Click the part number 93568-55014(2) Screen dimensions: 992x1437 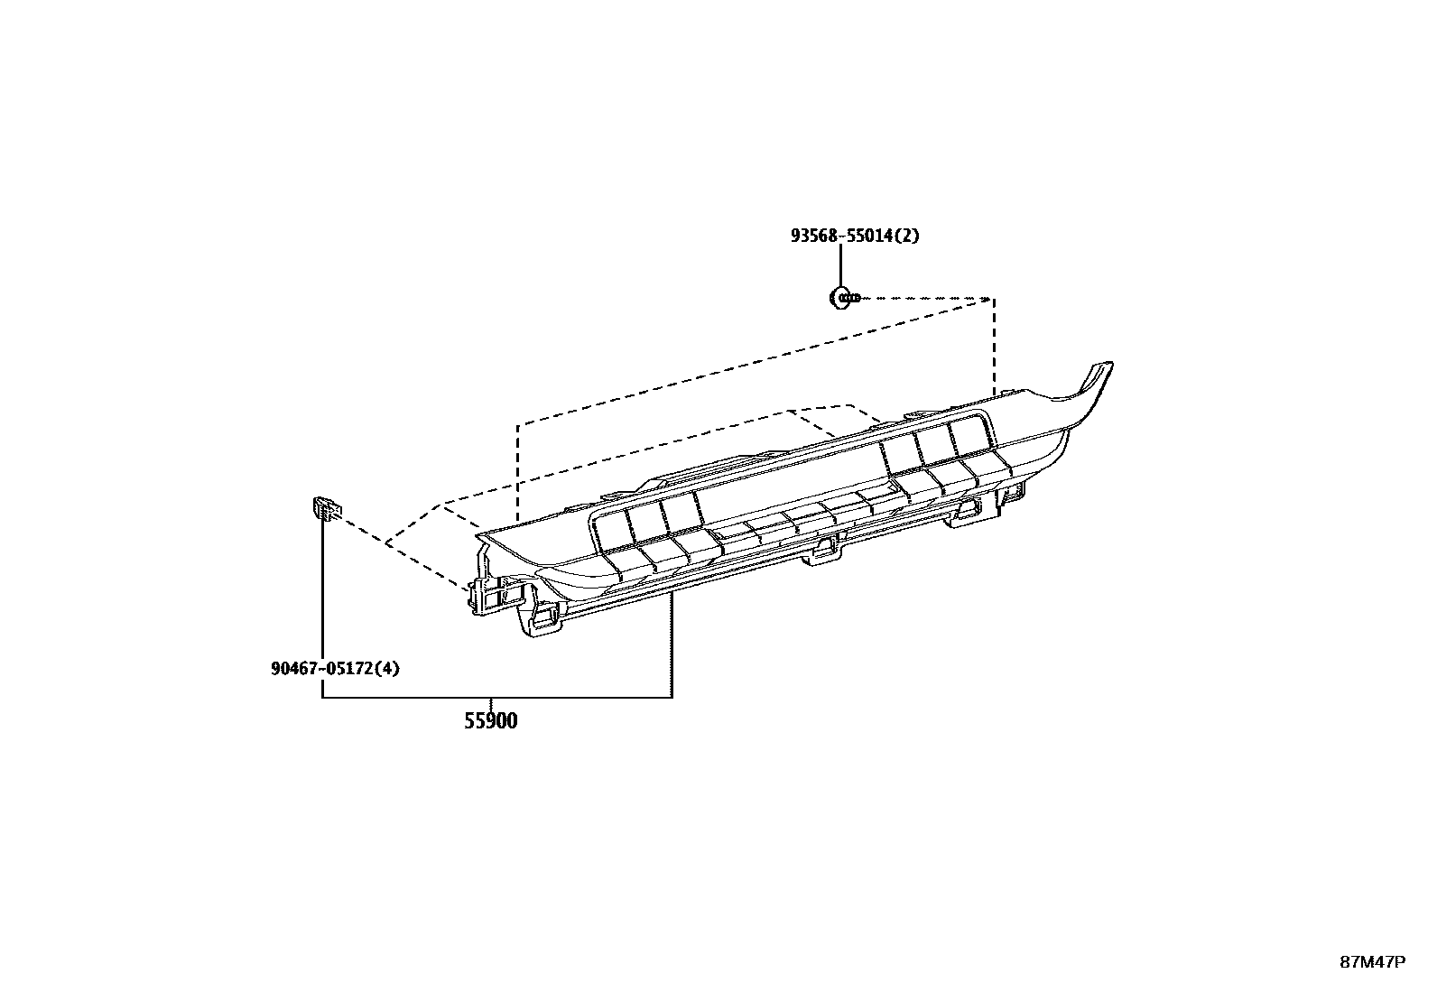point(855,236)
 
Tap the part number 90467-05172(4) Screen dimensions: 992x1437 point(334,669)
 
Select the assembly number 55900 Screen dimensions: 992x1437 point(491,721)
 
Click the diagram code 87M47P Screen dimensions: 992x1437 point(1372,961)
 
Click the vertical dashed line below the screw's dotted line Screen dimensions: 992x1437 point(994,348)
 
